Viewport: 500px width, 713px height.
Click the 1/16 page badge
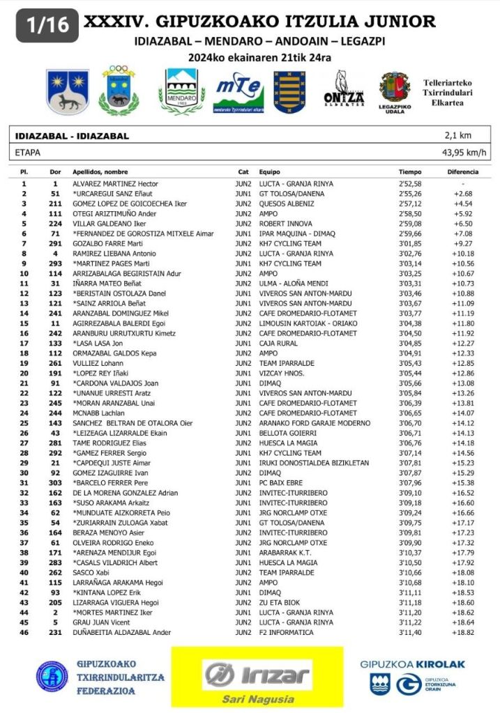pyautogui.click(x=38, y=26)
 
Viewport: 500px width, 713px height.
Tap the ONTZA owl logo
pyautogui.click(x=344, y=90)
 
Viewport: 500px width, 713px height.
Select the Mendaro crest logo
pyautogui.click(x=182, y=91)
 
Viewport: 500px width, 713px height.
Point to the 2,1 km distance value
pyautogui.click(x=457, y=136)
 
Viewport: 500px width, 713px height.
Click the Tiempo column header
pyautogui.click(x=410, y=171)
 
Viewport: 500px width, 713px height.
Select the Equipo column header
pyautogui.click(x=269, y=171)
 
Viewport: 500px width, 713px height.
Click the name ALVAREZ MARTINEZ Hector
pyautogui.click(x=116, y=183)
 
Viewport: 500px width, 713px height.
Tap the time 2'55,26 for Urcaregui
pyautogui.click(x=410, y=193)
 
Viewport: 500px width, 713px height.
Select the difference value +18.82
pyautogui.click(x=463, y=632)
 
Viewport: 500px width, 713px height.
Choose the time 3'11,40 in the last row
pyautogui.click(x=410, y=632)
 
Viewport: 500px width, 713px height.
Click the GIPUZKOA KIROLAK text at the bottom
pyautogui.click(x=412, y=664)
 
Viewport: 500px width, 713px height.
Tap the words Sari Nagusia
pyautogui.click(x=257, y=699)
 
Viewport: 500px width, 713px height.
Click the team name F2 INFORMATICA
pyautogui.click(x=286, y=632)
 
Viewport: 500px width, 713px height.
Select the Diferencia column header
pyautogui.click(x=462, y=171)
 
